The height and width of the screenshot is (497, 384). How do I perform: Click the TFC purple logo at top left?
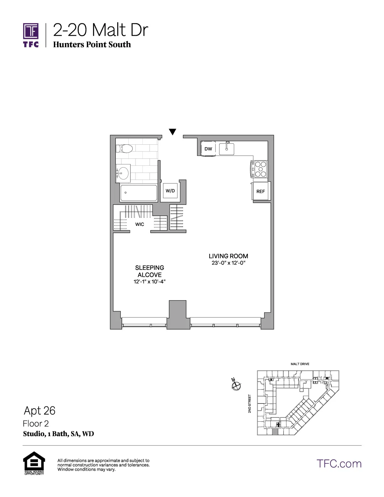31,35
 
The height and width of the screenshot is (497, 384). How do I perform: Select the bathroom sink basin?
123,173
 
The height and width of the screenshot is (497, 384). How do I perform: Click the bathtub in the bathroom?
138,193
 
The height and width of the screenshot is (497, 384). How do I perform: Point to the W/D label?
170,191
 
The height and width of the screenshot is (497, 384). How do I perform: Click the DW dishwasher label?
208,149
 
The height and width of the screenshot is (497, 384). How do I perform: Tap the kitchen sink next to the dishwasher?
227,149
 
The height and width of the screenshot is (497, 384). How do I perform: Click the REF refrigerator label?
261,191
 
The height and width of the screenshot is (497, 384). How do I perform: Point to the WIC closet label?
140,224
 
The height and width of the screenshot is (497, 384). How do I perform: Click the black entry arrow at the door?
172,132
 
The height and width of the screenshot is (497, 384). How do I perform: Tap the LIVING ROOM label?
228,256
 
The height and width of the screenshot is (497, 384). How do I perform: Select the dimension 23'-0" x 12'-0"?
228,263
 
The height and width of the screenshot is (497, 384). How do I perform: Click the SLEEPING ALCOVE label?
150,271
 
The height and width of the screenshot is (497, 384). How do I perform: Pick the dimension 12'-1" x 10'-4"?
150,282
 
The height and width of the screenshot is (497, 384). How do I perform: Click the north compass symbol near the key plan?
236,385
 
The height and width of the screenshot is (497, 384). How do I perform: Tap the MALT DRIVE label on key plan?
300,364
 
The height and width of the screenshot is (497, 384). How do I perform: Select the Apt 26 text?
40,410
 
